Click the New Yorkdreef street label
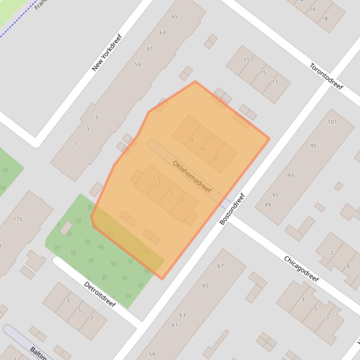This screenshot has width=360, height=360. point(107,52)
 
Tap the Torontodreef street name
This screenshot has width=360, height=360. point(326,76)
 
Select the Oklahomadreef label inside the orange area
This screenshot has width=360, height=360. point(192,177)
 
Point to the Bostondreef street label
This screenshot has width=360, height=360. point(232,209)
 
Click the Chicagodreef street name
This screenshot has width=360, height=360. point(301,269)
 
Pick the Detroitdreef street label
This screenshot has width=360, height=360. point(100,294)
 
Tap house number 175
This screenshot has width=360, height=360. point(18,219)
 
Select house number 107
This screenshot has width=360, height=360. point(332,122)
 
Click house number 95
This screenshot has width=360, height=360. point(313,146)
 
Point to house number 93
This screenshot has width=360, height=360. point(291,175)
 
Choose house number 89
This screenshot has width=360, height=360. point(268,205)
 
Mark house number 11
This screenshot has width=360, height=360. point(246,60)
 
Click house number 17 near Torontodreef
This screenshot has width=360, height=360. point(275,82)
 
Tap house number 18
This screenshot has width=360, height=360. point(324,19)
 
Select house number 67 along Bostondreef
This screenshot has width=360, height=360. point(220,266)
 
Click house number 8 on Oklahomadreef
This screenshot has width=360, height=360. point(216,159)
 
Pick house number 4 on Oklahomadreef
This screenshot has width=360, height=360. point(192,140)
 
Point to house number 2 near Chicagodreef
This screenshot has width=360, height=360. point(332,253)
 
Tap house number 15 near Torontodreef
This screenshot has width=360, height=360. point(263,72)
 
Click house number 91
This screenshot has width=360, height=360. point(275,195)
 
